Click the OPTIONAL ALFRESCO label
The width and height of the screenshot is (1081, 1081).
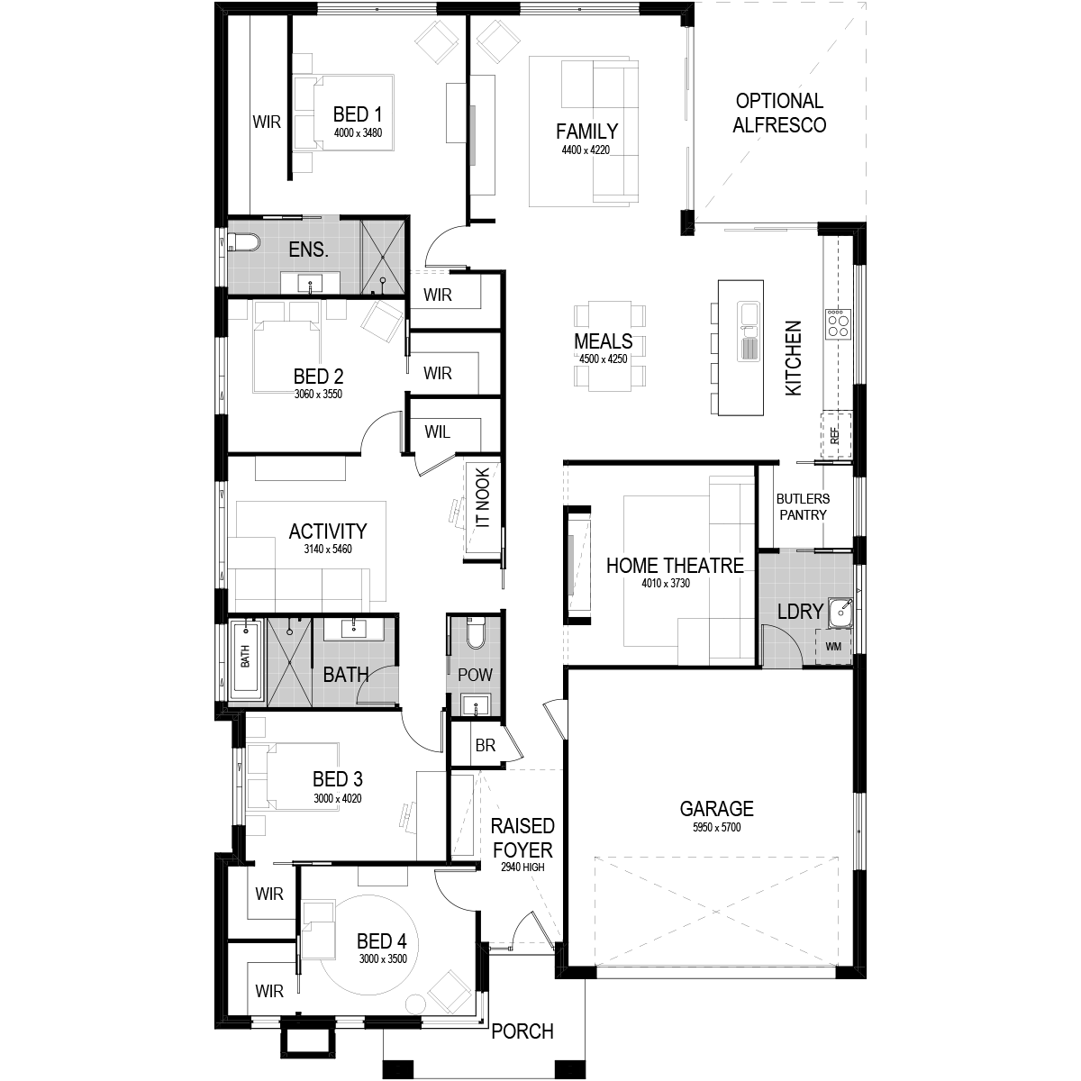click(779, 113)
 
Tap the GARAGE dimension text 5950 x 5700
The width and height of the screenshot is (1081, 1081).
click(716, 828)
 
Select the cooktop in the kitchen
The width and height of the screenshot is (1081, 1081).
click(838, 324)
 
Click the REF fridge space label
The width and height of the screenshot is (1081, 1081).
click(835, 435)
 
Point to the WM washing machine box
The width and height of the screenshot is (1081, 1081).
click(833, 647)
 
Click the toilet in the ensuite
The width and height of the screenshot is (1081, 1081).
click(243, 242)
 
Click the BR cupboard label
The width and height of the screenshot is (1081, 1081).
click(486, 746)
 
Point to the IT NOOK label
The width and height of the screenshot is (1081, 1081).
click(483, 497)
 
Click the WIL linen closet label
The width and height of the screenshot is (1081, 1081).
click(437, 432)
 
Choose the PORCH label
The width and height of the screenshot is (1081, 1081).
click(522, 1031)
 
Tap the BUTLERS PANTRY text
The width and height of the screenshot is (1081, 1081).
click(803, 506)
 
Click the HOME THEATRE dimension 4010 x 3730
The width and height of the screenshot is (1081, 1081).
click(666, 584)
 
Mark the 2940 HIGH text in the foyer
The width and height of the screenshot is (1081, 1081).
click(522, 868)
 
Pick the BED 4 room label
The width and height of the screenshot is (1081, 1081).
click(381, 940)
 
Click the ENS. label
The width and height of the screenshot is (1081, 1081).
click(308, 250)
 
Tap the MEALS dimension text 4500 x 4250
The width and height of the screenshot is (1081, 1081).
click(603, 359)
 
